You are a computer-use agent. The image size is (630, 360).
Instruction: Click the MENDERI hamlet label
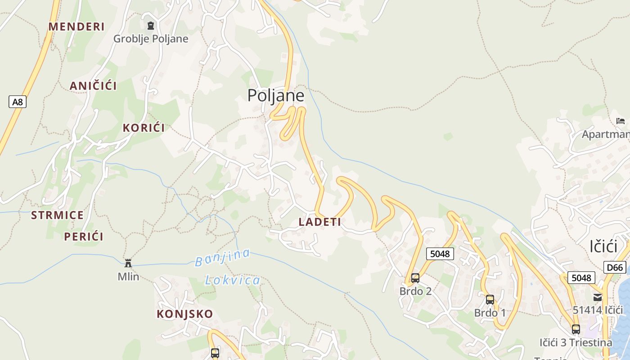click(76, 27)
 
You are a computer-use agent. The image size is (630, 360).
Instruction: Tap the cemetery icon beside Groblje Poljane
click(150, 26)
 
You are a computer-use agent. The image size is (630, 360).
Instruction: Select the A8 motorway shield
click(17, 102)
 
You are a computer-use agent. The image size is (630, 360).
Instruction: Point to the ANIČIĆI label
click(93, 86)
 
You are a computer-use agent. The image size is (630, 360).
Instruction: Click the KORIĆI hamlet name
click(144, 127)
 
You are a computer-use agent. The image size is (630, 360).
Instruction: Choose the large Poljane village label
click(275, 95)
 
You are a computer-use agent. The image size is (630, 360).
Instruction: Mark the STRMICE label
click(57, 215)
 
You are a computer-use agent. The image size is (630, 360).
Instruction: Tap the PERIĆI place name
click(84, 236)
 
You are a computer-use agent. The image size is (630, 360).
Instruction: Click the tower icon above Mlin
click(128, 262)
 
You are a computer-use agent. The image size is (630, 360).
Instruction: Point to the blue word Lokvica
click(233, 281)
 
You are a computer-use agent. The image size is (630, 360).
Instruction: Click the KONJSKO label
click(184, 314)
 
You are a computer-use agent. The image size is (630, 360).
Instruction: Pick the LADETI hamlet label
click(320, 221)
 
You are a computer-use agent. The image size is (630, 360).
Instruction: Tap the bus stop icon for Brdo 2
click(415, 278)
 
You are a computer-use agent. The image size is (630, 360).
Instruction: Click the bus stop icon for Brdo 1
click(490, 300)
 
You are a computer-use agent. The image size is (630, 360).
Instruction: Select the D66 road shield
click(615, 268)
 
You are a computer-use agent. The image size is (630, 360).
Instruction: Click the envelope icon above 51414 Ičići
click(598, 297)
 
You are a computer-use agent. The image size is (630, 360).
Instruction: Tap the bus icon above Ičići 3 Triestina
click(576, 329)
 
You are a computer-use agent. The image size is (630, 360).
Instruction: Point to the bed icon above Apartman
click(621, 121)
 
